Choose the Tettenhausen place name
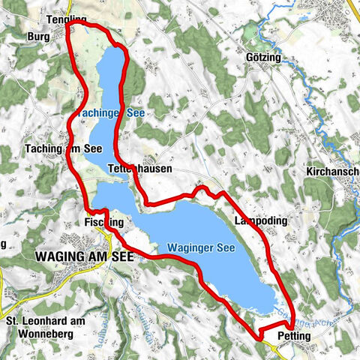[x=139, y=169]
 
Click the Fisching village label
[x=103, y=223]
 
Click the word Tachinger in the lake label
[x=101, y=112]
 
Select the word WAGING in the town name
[x=57, y=256]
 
